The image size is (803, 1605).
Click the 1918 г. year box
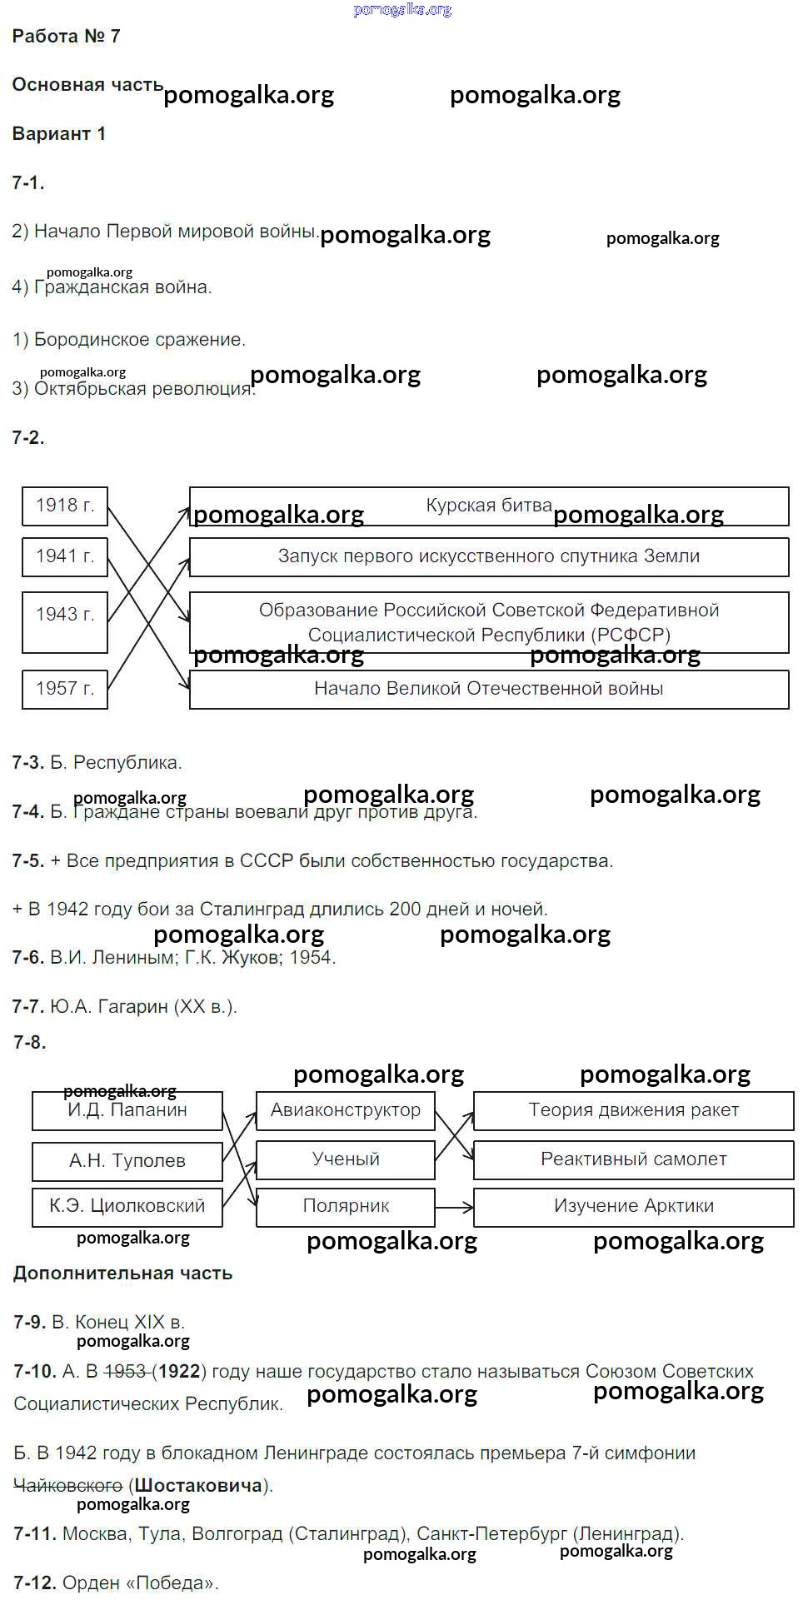[x=65, y=506]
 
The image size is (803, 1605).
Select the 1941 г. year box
[x=65, y=556]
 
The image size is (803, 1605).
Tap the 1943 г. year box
[x=65, y=621]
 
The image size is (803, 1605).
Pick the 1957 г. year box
[x=65, y=689]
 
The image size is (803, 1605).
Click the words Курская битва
[x=489, y=506]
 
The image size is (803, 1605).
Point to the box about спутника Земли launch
[x=489, y=556]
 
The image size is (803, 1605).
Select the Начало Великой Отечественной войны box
[x=489, y=689]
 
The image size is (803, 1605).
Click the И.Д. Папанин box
[x=127, y=1110]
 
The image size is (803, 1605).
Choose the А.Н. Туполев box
[x=127, y=1161]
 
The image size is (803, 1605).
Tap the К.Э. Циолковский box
[x=127, y=1207]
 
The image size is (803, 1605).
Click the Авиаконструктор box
[x=346, y=1110]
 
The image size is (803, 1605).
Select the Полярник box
[x=346, y=1207]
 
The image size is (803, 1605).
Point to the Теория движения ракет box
[x=633, y=1110]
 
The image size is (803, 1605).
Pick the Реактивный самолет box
[x=633, y=1159]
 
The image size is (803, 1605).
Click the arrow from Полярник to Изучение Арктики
[x=454, y=1207]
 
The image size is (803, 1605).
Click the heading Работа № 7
[x=67, y=37]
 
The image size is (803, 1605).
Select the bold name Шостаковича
[x=198, y=1485]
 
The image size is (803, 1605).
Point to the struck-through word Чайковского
[x=68, y=1485]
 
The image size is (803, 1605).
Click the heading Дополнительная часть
[x=122, y=1273]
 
